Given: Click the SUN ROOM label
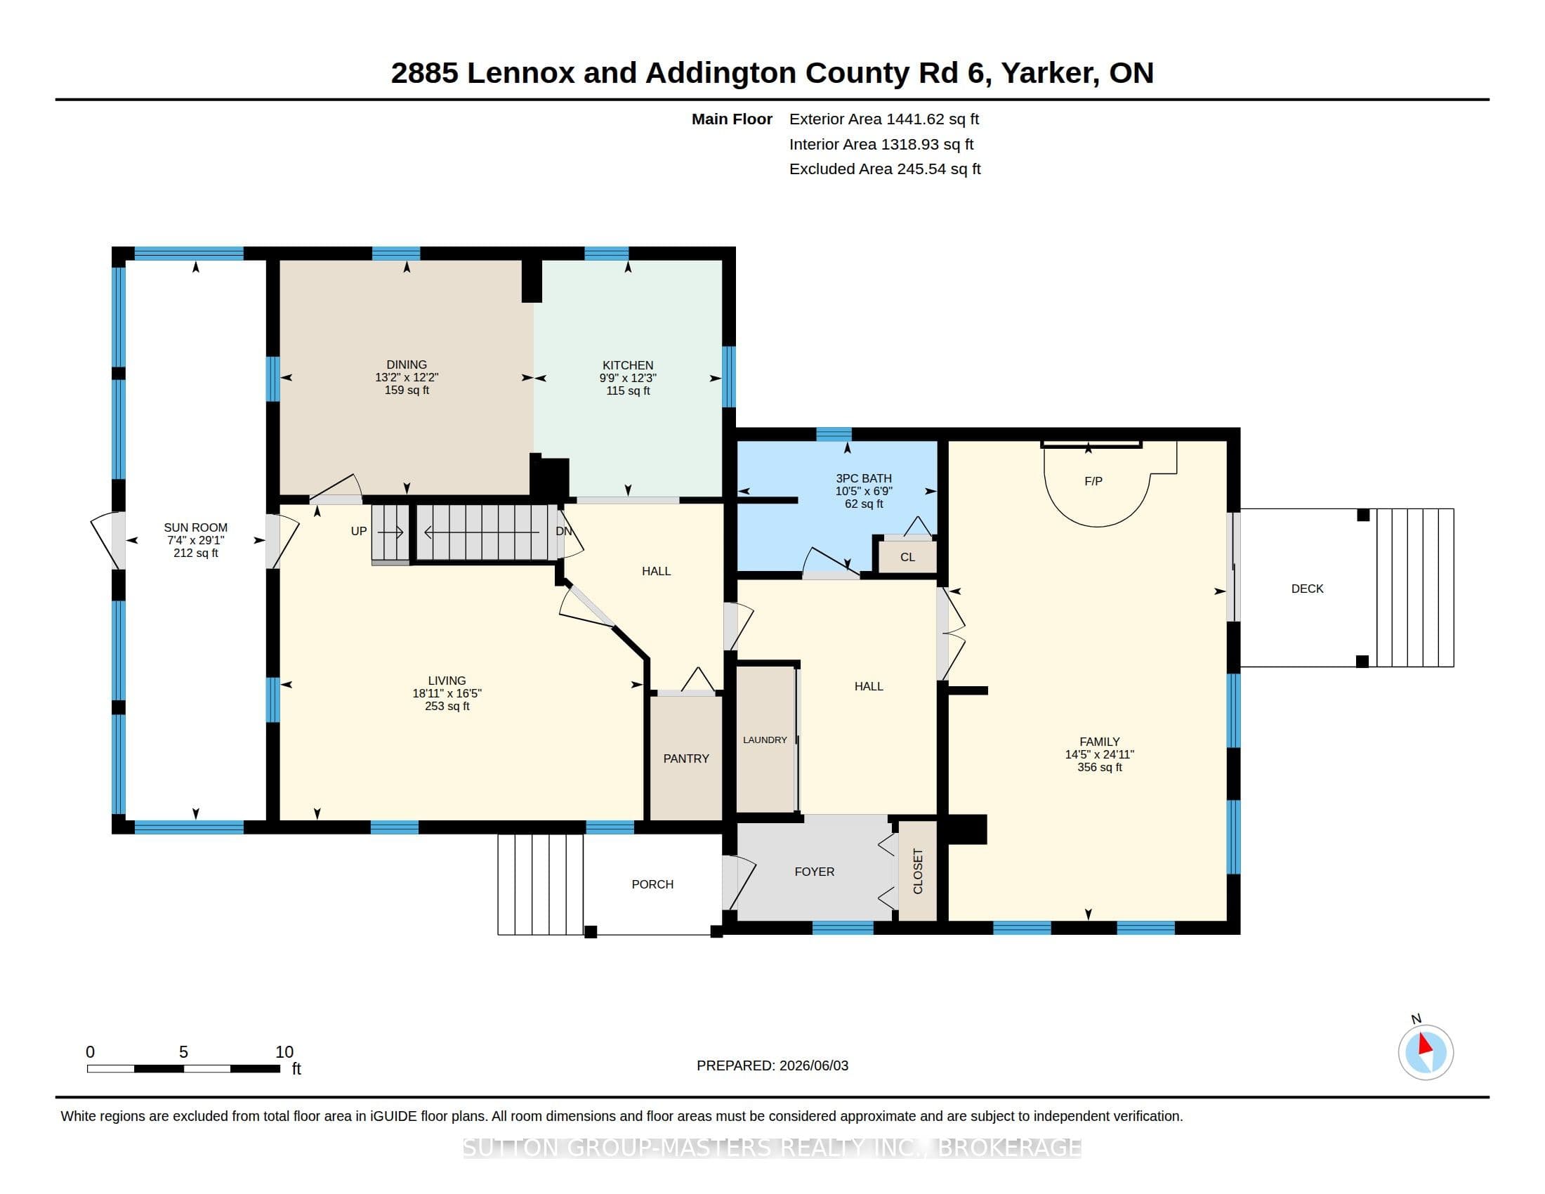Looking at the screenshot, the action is pos(196,527).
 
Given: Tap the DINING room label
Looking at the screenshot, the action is pos(407,365).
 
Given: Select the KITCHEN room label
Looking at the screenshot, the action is pos(629,366).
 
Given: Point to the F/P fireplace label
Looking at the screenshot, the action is pos(1093,482).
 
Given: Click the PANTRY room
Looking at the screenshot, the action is pos(686,759).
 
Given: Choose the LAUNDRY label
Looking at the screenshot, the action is pos(765,740).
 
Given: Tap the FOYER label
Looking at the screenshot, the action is pos(814,872).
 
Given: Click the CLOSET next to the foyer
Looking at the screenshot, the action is pos(918,872).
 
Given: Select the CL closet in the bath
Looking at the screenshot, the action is pos(907,558).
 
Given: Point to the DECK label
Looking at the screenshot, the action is pos(1308,589).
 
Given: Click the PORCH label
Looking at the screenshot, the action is pos(652,884).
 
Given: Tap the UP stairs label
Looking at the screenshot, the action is pos(359,531).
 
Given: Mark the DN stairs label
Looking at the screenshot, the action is pos(564,531).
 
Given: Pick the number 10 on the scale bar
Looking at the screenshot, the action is pos(284,1052).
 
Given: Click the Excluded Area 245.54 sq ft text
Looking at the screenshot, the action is pos(885,169).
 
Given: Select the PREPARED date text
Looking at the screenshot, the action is pos(772,1065).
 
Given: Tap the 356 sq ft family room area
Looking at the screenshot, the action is pos(1099,768).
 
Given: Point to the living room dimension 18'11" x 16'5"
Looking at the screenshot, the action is pos(447,694).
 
